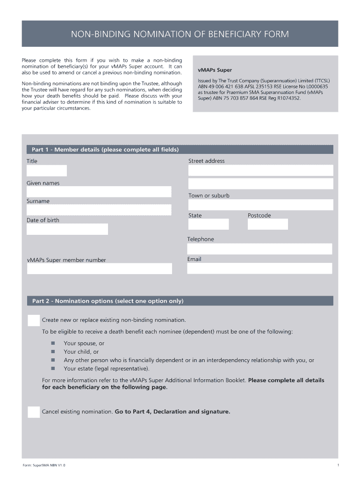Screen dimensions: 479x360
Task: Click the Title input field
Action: [x=47, y=171]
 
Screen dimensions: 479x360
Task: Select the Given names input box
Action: [x=99, y=192]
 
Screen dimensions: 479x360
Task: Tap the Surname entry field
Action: [x=99, y=210]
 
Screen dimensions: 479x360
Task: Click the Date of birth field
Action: [x=67, y=229]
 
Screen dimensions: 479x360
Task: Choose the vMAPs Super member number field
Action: [x=100, y=269]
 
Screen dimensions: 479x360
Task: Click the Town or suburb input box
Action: [x=260, y=205]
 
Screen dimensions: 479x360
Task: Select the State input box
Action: [x=209, y=225]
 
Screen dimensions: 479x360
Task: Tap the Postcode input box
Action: [x=268, y=225]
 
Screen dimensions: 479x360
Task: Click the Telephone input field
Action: [x=260, y=249]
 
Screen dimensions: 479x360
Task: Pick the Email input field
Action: [x=260, y=268]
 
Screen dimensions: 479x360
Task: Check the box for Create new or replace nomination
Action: [x=34, y=320]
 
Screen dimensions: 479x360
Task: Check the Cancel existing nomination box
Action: [x=34, y=412]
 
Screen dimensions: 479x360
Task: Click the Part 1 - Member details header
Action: [x=105, y=150]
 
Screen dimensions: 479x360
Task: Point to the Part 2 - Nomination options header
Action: [x=108, y=301]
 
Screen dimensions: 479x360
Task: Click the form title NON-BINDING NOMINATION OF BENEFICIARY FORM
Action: [x=180, y=34]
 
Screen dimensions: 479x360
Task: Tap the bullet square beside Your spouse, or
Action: [x=53, y=343]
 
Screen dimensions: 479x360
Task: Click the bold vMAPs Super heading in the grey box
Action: [x=215, y=70]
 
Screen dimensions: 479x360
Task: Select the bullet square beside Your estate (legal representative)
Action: [x=53, y=369]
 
